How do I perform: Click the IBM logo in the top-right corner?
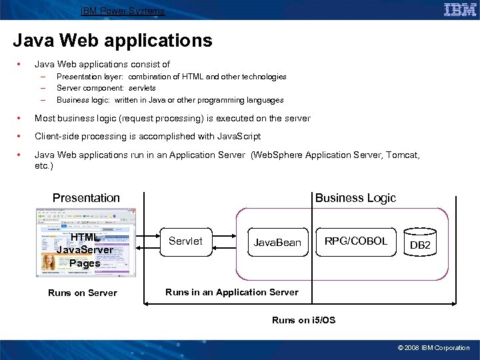(460, 9)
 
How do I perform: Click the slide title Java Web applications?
(112, 41)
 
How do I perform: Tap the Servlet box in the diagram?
(185, 241)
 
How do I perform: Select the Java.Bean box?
(277, 243)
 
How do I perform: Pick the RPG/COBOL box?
(356, 241)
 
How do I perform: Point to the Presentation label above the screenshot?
(86, 198)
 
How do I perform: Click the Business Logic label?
(355, 198)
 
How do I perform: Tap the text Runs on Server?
(83, 293)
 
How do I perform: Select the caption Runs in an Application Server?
(232, 292)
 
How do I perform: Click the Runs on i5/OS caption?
(304, 320)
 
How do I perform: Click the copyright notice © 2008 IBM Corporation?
(433, 347)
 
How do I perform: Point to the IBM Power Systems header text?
(123, 11)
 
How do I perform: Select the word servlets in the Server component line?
(142, 88)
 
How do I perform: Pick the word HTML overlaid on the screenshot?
(84, 237)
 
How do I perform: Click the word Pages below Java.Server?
(85, 263)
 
